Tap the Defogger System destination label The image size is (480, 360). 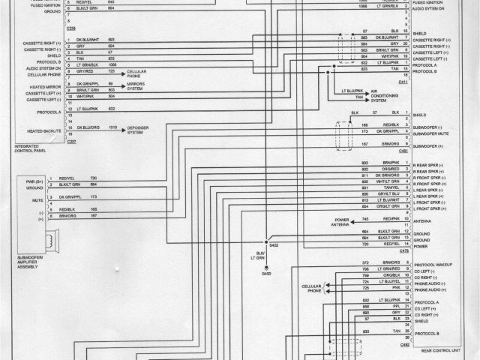coord(139,130)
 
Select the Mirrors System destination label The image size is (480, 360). coord(136,87)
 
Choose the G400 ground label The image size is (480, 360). coord(266,274)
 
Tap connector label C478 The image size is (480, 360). coord(403,250)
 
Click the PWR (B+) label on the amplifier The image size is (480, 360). coord(30,181)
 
